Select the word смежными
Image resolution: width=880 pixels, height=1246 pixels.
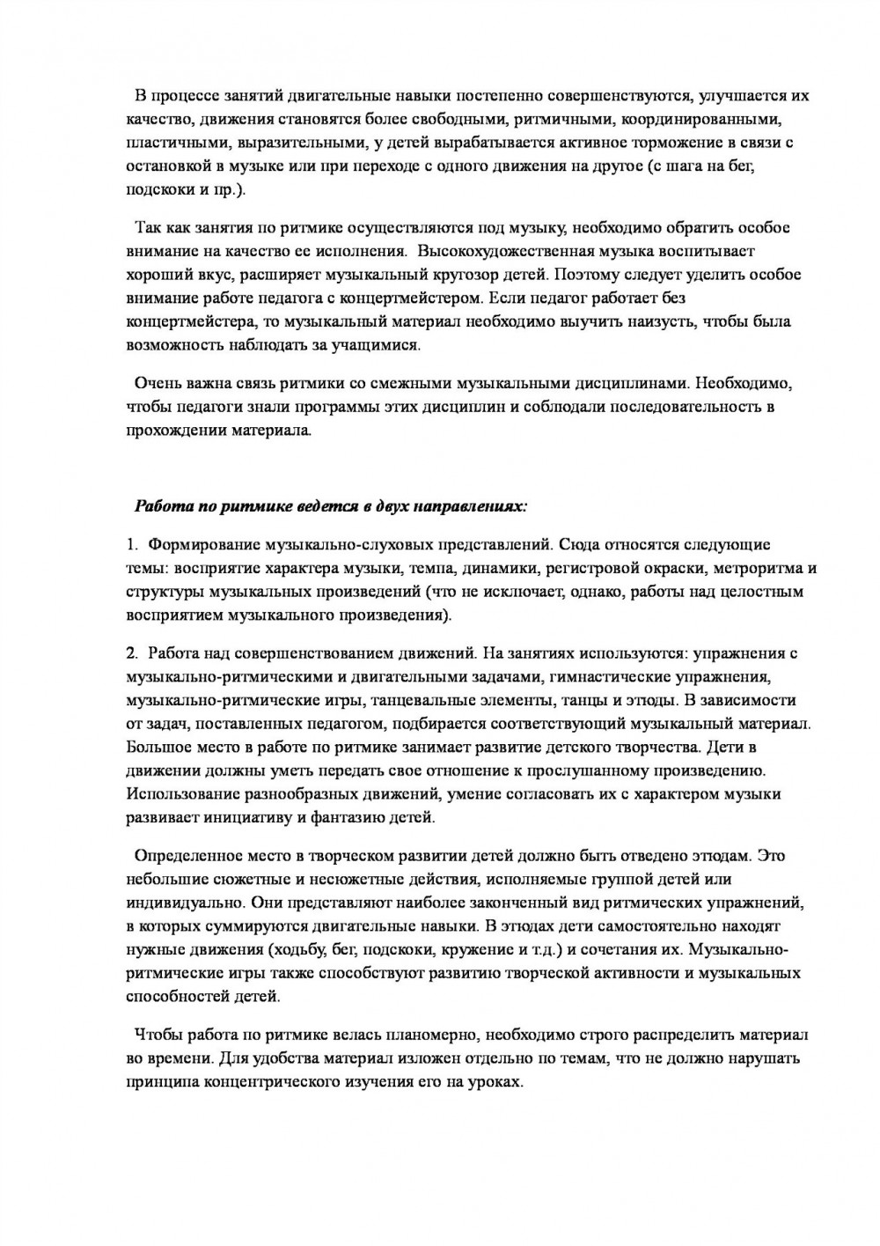click(377, 384)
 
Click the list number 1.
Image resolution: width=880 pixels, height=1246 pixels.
click(131, 545)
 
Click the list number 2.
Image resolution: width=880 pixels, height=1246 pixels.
click(131, 653)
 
